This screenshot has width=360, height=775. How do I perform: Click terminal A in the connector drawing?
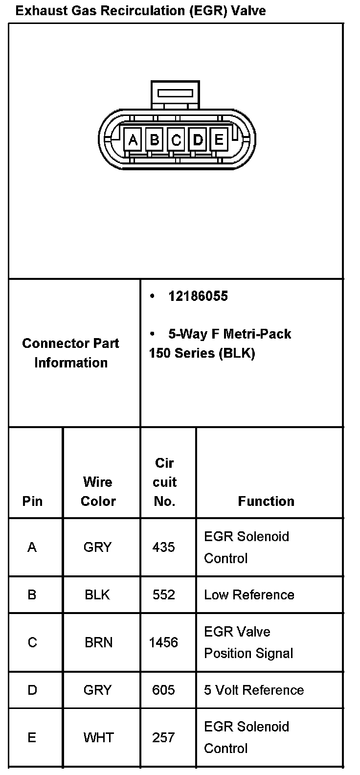tap(133, 140)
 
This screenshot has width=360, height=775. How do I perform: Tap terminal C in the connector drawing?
tap(176, 140)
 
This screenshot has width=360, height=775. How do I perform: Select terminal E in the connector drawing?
tap(219, 140)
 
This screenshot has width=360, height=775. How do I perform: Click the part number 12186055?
tap(198, 296)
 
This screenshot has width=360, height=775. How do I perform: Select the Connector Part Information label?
tap(71, 353)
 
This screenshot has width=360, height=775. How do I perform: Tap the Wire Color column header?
tap(98, 491)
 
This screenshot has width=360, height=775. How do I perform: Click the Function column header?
tap(266, 501)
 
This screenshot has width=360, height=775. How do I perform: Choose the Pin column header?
tap(32, 501)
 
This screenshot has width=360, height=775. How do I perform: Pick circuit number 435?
tap(163, 547)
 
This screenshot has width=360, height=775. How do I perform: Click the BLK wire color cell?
tap(97, 595)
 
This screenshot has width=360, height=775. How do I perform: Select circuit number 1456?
tap(163, 642)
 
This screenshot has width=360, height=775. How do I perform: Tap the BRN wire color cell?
tap(98, 642)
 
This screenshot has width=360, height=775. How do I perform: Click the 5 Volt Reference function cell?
tap(254, 690)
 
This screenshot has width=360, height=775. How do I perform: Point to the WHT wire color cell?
tap(98, 737)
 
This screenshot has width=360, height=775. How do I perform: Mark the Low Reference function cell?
tap(249, 595)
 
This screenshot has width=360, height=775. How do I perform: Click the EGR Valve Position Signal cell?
tap(248, 642)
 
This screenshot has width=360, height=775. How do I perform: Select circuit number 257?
tap(163, 737)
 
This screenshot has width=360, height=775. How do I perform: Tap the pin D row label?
tap(32, 690)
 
